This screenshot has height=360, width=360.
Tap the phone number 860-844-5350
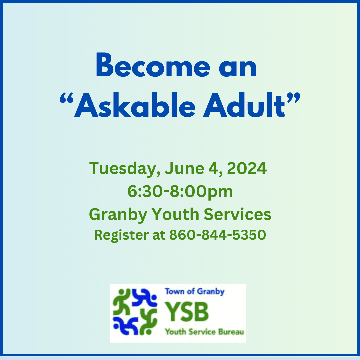[x=217, y=235]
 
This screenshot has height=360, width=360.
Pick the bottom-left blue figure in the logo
[x=124, y=325]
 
